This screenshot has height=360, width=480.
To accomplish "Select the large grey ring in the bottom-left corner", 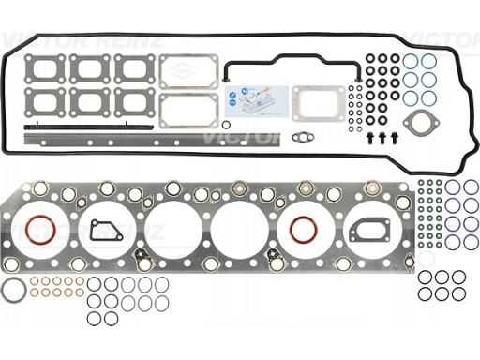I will point(14,290).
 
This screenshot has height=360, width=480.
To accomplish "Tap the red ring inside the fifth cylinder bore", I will point(304,230).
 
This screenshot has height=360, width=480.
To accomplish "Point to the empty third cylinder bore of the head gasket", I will point(172,230).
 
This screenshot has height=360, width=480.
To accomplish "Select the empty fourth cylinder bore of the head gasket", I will point(237,230).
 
